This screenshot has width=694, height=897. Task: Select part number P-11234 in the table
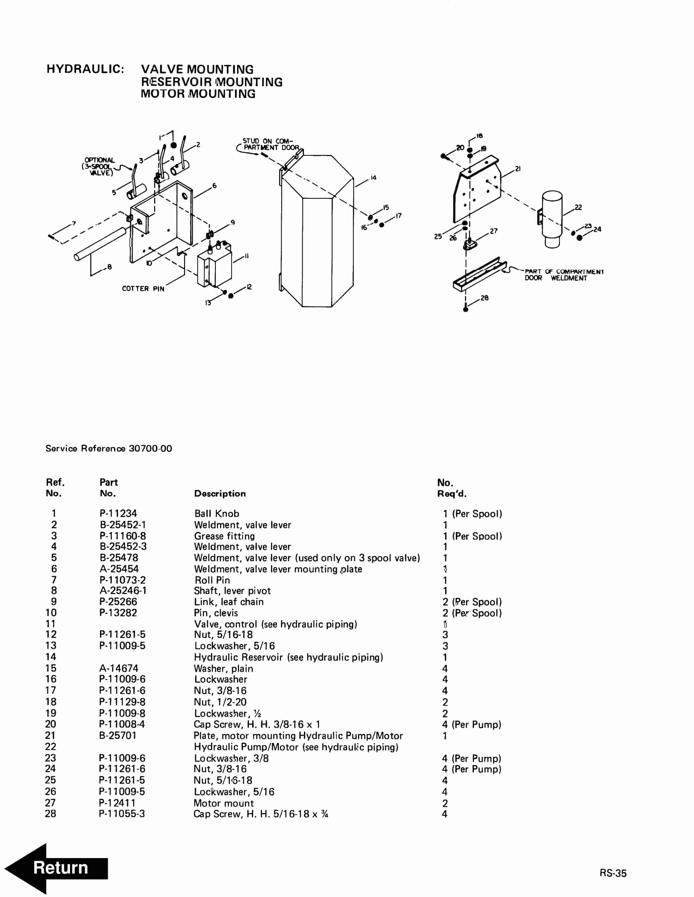[118, 513]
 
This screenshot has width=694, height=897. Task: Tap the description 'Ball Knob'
[217, 513]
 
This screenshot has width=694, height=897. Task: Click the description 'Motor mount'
[224, 803]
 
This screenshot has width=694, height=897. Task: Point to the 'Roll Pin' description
[212, 580]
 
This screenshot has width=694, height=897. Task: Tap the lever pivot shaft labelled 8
[99, 244]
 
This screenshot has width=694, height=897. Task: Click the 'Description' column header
[220, 494]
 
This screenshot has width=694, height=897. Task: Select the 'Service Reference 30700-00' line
[109, 448]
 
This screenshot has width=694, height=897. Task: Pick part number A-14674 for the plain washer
[119, 668]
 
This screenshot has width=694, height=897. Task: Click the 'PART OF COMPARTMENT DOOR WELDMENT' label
[564, 275]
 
